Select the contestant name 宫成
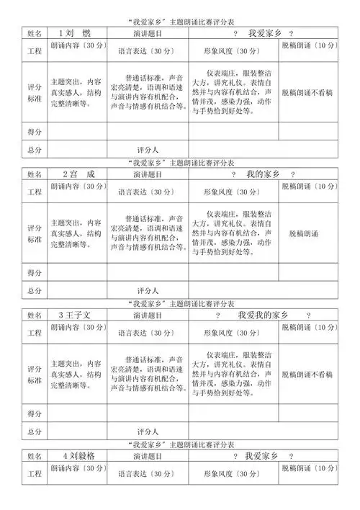(79, 174)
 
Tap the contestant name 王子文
(78, 316)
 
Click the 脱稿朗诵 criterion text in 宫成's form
(307, 233)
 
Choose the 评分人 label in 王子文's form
(147, 431)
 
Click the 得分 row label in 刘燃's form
(35, 132)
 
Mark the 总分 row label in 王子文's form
(35, 431)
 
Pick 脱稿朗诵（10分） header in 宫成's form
(309, 186)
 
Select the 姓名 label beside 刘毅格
(35, 456)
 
